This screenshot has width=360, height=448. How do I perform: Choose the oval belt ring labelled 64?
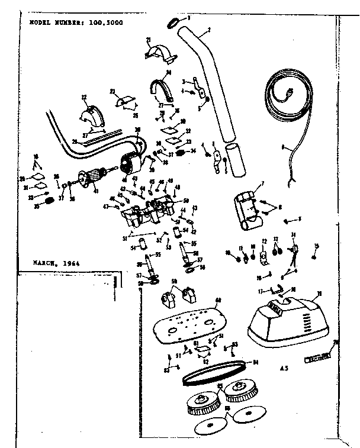coord(214,372)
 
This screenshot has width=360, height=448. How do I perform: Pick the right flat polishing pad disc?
coord(247,416)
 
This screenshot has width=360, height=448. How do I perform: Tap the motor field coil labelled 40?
coord(130,163)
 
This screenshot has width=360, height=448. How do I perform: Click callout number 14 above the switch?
coord(294,235)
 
